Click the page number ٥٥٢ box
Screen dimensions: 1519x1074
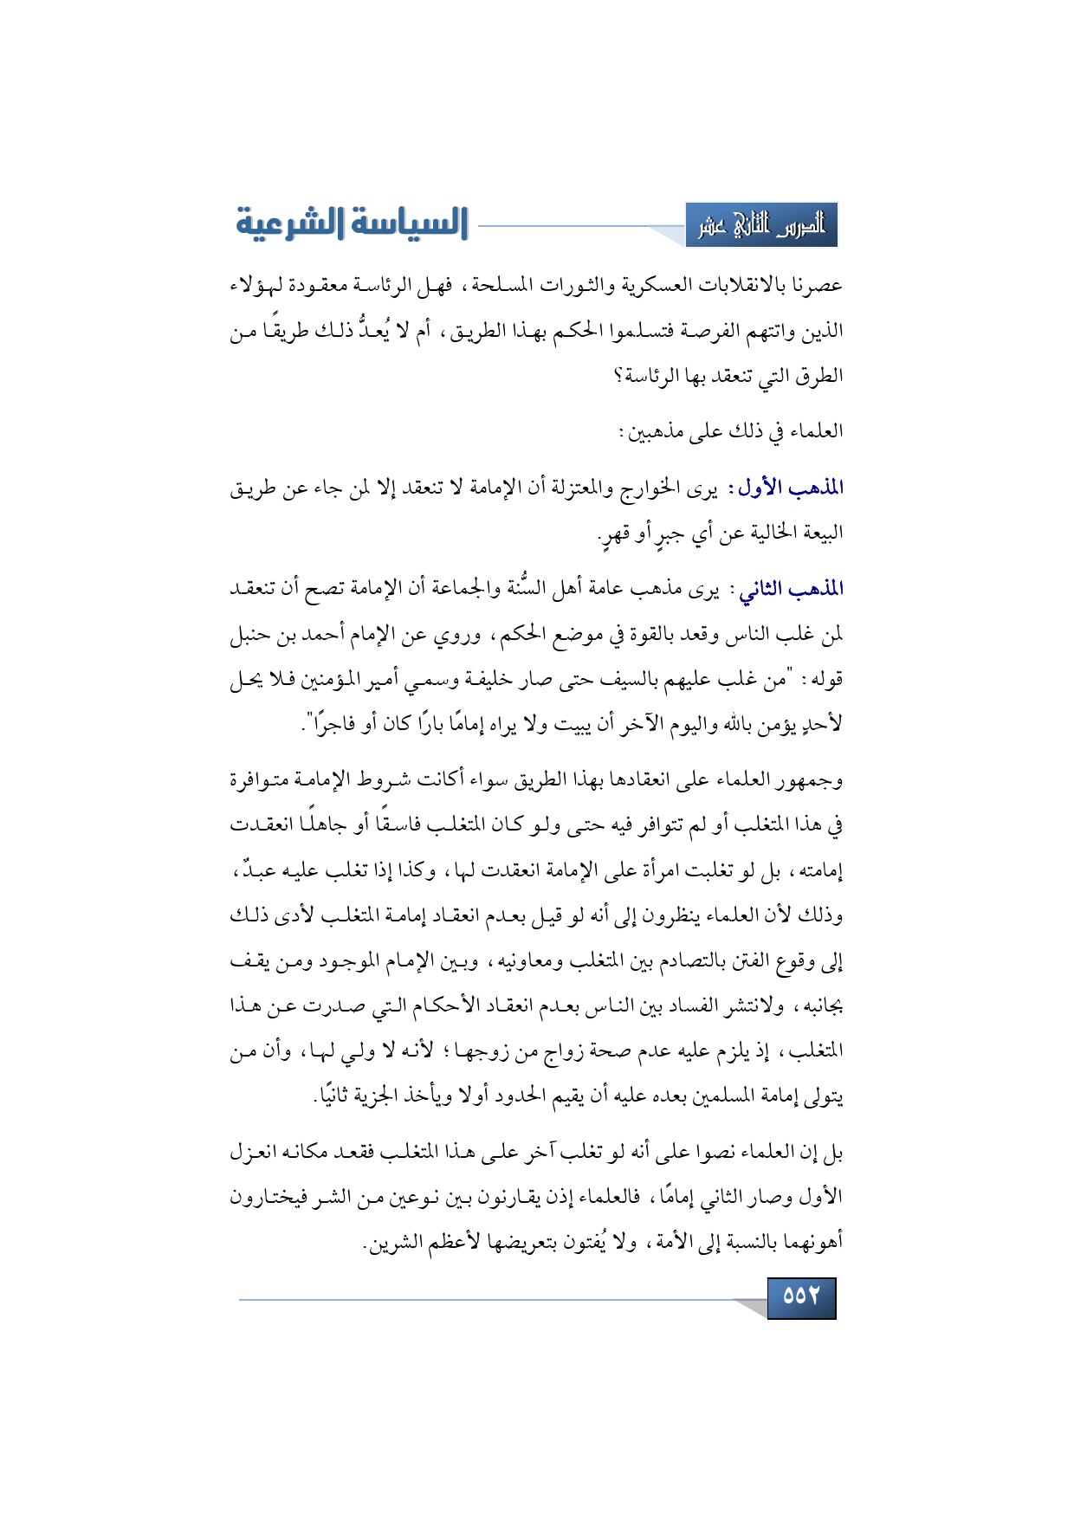801,1296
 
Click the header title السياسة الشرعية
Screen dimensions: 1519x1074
352,223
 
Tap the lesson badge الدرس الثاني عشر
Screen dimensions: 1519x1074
761,225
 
